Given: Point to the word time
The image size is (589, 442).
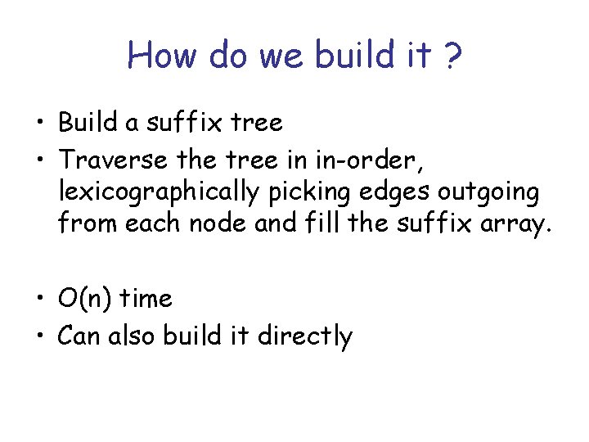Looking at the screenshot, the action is [146, 299].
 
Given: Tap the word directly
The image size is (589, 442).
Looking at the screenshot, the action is [305, 336].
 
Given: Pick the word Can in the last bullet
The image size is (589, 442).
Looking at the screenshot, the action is [79, 336].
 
